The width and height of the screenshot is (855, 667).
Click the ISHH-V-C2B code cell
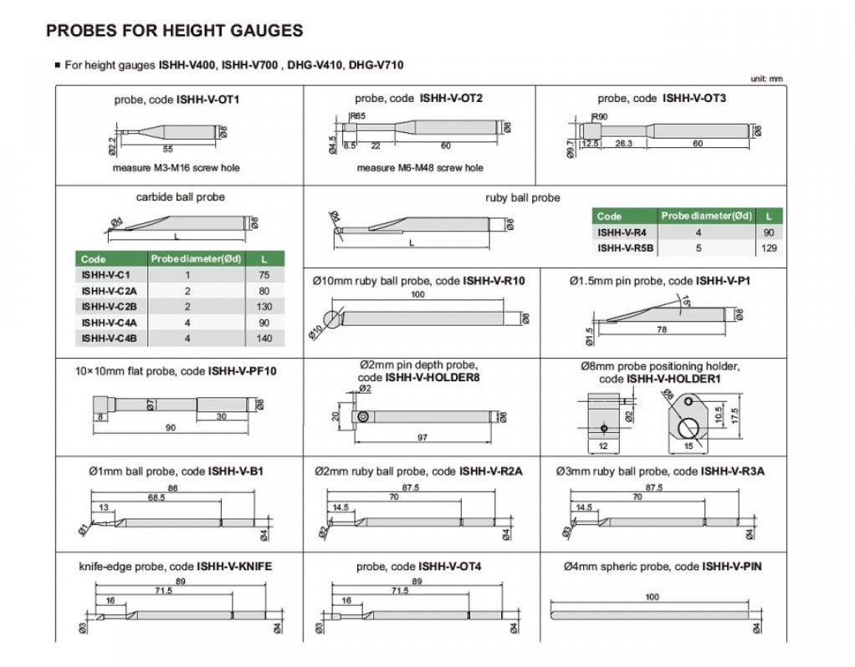pyautogui.click(x=109, y=307)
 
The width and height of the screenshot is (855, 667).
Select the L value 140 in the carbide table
pyautogui.click(x=264, y=339)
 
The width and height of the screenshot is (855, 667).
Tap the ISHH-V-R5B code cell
pyautogui.click(x=625, y=248)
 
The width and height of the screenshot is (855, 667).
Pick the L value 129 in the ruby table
pyautogui.click(x=769, y=248)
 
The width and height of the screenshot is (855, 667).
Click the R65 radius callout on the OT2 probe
pyautogui.click(x=357, y=116)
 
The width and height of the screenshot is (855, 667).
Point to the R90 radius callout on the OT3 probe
pyautogui.click(x=599, y=117)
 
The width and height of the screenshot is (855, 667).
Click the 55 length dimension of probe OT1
pyautogui.click(x=167, y=150)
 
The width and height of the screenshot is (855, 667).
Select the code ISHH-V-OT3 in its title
pyautogui.click(x=694, y=99)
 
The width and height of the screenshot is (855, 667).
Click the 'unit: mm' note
pyautogui.click(x=766, y=79)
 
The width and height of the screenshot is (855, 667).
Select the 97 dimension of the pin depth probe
pyautogui.click(x=422, y=437)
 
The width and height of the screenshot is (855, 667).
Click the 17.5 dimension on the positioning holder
pyautogui.click(x=735, y=415)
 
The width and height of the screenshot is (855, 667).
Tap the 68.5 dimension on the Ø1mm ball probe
pyautogui.click(x=156, y=497)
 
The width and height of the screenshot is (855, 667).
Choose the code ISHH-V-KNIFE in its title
pyautogui.click(x=234, y=567)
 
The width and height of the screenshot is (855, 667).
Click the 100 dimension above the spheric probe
pyautogui.click(x=653, y=598)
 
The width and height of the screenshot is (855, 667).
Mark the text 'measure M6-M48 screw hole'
pyautogui.click(x=420, y=168)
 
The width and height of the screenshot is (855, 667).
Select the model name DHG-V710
pyautogui.click(x=376, y=65)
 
